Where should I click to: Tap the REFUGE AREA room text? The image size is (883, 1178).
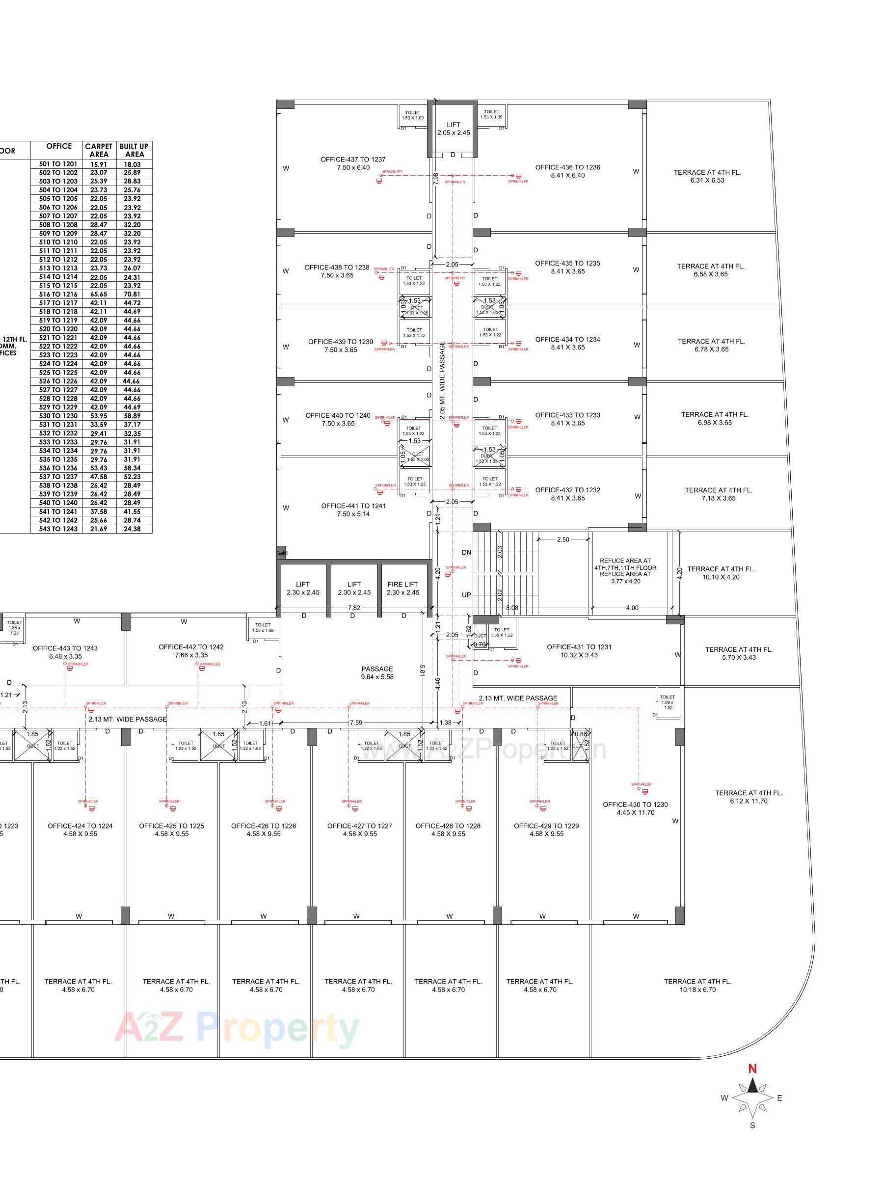point(625,570)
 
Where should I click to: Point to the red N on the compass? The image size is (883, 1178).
point(752,1068)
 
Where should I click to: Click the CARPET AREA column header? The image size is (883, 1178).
point(99,150)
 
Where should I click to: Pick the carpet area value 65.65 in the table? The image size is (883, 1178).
point(99,294)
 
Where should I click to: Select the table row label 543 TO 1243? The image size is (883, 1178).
point(58,529)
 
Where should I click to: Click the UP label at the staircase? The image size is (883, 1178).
point(466,594)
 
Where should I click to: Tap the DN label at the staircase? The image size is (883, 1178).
point(466,552)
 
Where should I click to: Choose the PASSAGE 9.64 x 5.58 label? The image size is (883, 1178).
point(377,672)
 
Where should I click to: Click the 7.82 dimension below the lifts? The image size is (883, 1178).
point(353,608)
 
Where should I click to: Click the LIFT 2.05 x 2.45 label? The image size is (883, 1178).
point(453,128)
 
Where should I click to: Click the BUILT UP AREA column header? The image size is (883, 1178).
point(134,150)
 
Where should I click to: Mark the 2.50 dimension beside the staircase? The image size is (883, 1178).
point(563,539)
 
